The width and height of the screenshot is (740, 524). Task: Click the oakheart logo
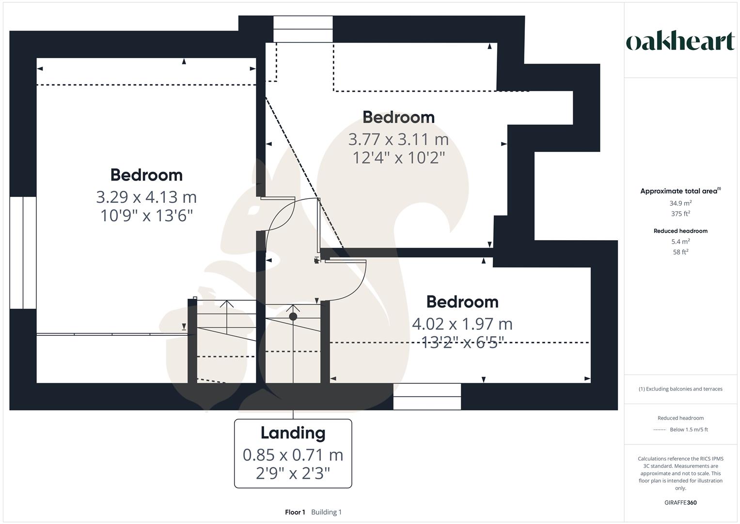point(680,42)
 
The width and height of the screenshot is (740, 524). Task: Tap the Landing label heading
point(293,433)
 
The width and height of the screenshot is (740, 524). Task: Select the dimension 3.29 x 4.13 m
point(146,197)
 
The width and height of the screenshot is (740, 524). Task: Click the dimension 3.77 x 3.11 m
point(398,139)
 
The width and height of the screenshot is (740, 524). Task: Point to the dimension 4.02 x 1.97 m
point(462,324)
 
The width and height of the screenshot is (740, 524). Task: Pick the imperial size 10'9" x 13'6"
point(146,215)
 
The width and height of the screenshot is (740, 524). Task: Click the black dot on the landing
point(293,317)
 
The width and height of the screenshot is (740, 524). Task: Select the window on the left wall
point(23,252)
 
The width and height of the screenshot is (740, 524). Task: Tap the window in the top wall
point(303,29)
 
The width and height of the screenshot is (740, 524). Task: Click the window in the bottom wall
point(427,396)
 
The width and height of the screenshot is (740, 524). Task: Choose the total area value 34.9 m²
point(680,203)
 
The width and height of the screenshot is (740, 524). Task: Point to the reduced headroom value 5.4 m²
point(680,242)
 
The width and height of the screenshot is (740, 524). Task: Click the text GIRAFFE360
point(680,503)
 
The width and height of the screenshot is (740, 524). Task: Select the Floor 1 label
point(295,512)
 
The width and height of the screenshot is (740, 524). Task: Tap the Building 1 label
point(326,512)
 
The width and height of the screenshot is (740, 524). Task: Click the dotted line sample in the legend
point(660,430)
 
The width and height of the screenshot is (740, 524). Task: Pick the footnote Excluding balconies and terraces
point(680,389)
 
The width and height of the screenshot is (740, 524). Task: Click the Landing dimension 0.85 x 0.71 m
point(293,455)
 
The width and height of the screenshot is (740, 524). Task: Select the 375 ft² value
point(680,214)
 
